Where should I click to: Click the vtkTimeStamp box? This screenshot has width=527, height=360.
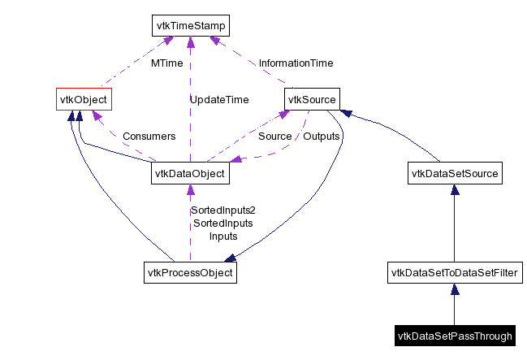pyautogui.click(x=190, y=26)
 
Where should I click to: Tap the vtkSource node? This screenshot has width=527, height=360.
pyautogui.click(x=312, y=99)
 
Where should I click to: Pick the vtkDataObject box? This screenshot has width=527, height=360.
pyautogui.click(x=190, y=173)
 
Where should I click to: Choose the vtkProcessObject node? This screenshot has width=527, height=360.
pyautogui.click(x=190, y=272)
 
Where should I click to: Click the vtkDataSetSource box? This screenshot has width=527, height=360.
pyautogui.click(x=454, y=173)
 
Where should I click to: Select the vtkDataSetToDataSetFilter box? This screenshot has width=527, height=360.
pyautogui.click(x=454, y=272)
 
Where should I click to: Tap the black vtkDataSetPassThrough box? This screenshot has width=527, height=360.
pyautogui.click(x=454, y=336)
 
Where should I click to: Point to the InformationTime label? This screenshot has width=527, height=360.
pyautogui.click(x=296, y=63)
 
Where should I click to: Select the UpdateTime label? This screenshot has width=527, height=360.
pyautogui.click(x=219, y=100)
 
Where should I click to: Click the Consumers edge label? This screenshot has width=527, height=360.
pyautogui.click(x=149, y=136)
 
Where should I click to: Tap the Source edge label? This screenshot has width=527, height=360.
pyautogui.click(x=274, y=136)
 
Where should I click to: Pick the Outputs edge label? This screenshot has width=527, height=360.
pyautogui.click(x=321, y=136)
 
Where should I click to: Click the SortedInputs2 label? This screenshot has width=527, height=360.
pyautogui.click(x=223, y=210)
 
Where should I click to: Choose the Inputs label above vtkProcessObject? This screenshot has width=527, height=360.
pyautogui.click(x=223, y=236)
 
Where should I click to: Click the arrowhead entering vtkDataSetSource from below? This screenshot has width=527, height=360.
pyautogui.click(x=454, y=189)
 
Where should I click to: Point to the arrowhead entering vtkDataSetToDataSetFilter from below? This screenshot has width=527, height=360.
pyautogui.click(x=454, y=288)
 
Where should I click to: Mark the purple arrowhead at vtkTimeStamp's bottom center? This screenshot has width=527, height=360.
pyautogui.click(x=190, y=42)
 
